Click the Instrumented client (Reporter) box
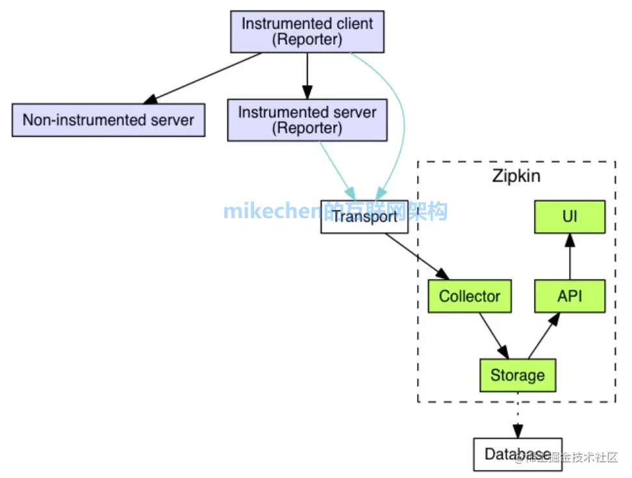(307, 32)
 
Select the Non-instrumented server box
(108, 120)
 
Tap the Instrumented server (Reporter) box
(307, 120)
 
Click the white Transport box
(364, 217)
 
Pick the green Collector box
(470, 297)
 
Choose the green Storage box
(518, 375)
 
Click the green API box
(570, 297)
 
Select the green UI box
(570, 217)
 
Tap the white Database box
(518, 454)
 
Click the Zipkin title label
(516, 177)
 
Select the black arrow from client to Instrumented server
(307, 75)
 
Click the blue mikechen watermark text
(273, 211)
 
